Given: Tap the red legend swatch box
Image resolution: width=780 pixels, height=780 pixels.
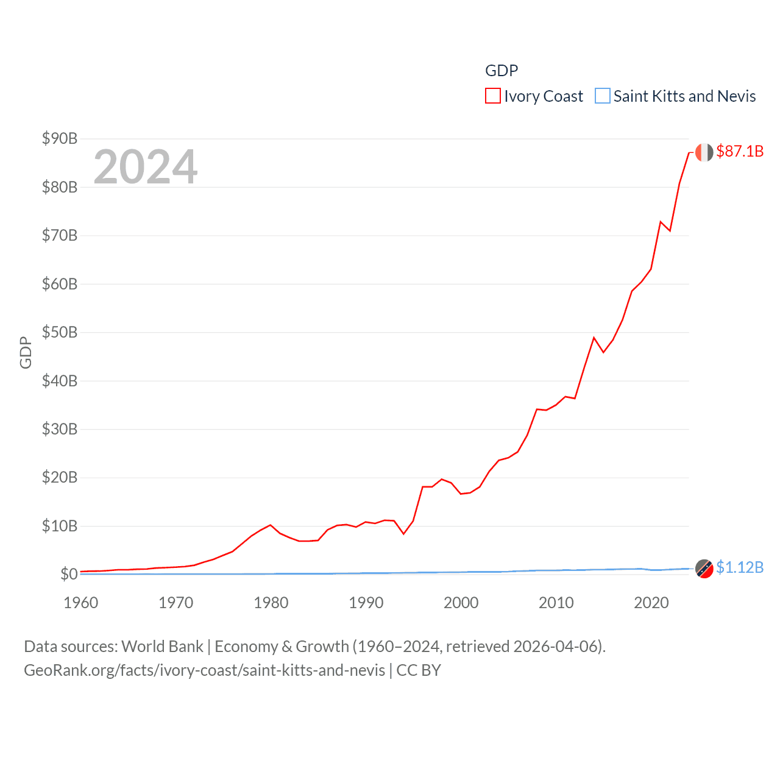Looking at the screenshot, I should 492,96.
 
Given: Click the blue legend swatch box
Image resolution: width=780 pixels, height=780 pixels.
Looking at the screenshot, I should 602,96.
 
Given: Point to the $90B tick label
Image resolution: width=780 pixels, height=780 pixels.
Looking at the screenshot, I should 60,138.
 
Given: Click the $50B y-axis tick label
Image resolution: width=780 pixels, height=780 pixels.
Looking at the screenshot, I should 60,332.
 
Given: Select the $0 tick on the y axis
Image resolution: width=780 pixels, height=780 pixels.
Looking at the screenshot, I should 68,574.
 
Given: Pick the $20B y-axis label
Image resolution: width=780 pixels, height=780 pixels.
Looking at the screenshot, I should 60,477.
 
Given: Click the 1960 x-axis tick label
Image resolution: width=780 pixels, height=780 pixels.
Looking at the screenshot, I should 80,603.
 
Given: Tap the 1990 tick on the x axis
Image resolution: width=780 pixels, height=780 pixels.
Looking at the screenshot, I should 366,603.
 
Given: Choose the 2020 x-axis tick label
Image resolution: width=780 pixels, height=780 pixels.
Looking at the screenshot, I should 651,603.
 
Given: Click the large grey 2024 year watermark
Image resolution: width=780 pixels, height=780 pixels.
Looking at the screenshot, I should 145,166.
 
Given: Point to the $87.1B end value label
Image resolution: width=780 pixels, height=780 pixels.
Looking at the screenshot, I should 740,151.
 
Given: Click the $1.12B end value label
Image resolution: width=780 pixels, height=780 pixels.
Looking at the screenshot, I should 740,567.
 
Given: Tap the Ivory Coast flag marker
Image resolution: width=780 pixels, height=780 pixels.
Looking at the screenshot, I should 704,152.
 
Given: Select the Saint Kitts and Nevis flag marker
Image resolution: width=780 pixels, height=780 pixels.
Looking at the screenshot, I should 704,569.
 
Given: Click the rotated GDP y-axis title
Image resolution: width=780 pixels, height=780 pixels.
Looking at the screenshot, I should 26,352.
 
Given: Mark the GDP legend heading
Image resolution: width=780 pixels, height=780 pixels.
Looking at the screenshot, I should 502,71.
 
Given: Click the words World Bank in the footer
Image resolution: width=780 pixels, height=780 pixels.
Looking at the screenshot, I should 162,646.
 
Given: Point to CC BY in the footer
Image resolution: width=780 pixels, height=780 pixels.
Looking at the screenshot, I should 419,670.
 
